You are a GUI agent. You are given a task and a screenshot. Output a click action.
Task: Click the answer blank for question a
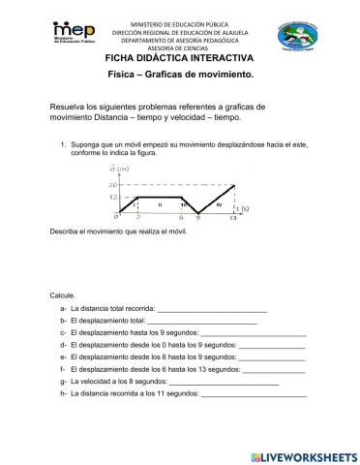pyautogui.click(x=212, y=310)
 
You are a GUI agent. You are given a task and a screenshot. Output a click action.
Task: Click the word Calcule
pyautogui.click(x=62, y=294)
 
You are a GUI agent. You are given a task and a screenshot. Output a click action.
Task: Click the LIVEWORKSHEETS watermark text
pyautogui.click(x=309, y=455)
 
